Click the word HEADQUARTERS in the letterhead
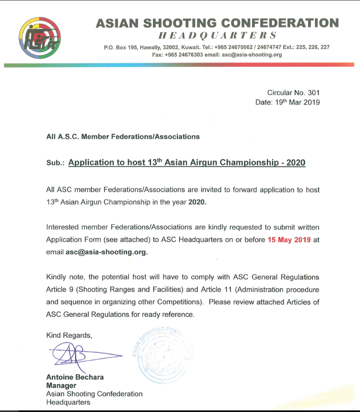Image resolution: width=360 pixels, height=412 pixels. pos(218,36)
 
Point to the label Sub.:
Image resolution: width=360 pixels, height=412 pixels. pos(55,164)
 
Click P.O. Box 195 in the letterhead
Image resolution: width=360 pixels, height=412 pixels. pos(122,47)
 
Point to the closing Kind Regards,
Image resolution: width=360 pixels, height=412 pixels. pos(69,335)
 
